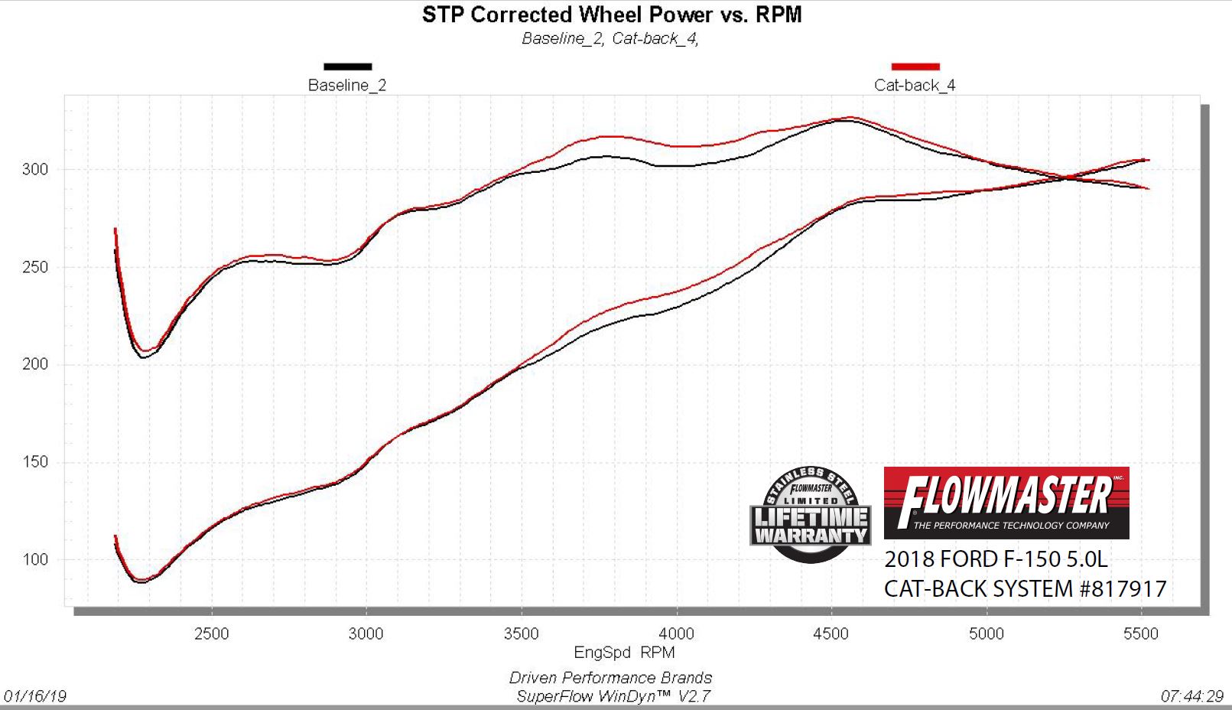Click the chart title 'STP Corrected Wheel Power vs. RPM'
pyautogui.click(x=612, y=15)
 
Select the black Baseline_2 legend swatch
pyautogui.click(x=348, y=67)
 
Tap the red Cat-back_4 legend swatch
pyautogui.click(x=915, y=67)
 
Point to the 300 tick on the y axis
pyautogui.click(x=35, y=170)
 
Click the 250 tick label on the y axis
pyautogui.click(x=35, y=267)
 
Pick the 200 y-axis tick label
pyautogui.click(x=35, y=364)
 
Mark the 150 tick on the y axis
pyautogui.click(x=35, y=461)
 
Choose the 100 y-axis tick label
pyautogui.click(x=35, y=559)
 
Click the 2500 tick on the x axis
pyautogui.click(x=211, y=633)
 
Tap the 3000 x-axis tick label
pyautogui.click(x=366, y=633)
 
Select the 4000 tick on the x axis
pyautogui.click(x=676, y=633)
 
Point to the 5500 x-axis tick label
pyautogui.click(x=1140, y=633)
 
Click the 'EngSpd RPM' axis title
pyautogui.click(x=624, y=653)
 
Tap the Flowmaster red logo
pyautogui.click(x=1006, y=503)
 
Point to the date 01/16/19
pyautogui.click(x=35, y=696)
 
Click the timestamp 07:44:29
pyautogui.click(x=1191, y=696)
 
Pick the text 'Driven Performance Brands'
pyautogui.click(x=610, y=678)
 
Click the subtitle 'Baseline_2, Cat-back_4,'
pyautogui.click(x=610, y=38)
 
